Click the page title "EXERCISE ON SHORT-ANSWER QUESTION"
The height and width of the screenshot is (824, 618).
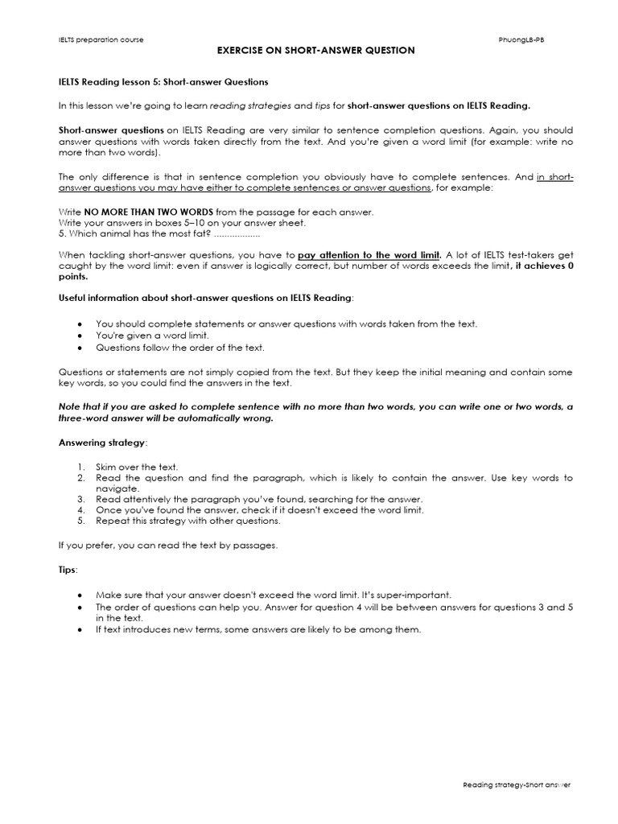(x=317, y=51)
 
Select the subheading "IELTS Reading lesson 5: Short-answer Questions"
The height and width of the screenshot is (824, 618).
(x=163, y=82)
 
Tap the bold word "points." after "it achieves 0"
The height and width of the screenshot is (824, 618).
(x=73, y=276)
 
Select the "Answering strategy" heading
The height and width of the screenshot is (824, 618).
(x=101, y=443)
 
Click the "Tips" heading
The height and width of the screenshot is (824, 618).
(x=68, y=570)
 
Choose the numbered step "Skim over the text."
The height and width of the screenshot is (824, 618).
(x=137, y=467)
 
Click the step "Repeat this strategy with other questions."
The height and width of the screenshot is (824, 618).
(x=188, y=521)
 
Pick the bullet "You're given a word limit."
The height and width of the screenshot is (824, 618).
(x=153, y=335)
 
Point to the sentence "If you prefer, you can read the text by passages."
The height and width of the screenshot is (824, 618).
(x=167, y=546)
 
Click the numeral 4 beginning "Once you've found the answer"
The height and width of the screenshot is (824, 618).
(x=82, y=510)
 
